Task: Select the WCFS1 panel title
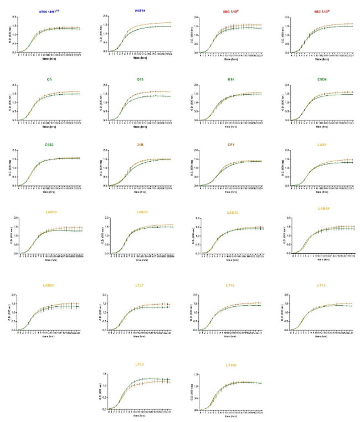[x=141, y=11]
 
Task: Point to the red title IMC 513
[x=322, y=11]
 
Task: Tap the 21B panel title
[x=141, y=146]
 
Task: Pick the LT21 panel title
[x=141, y=285]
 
